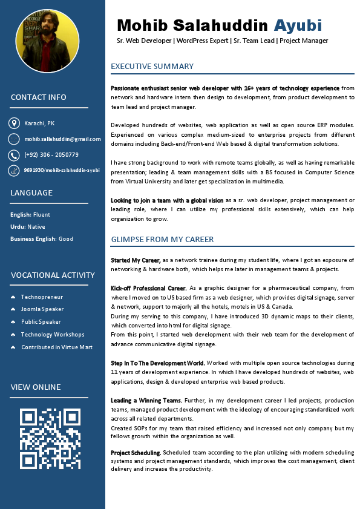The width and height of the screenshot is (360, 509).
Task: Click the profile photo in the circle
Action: click(47, 41)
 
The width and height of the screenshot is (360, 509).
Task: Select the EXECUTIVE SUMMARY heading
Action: click(152, 67)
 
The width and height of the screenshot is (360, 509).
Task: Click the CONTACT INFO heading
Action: click(39, 97)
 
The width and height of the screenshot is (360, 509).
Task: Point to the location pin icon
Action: click(14, 123)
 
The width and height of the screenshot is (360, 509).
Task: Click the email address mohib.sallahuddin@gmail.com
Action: click(62, 139)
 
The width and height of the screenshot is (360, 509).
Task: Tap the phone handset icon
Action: click(14, 155)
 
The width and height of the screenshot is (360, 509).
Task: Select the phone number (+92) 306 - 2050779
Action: click(51, 155)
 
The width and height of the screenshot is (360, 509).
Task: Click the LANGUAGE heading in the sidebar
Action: click(31, 193)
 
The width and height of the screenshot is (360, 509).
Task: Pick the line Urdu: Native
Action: click(28, 227)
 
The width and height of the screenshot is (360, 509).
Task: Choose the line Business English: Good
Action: click(42, 239)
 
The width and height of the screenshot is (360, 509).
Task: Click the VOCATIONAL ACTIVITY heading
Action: click(53, 275)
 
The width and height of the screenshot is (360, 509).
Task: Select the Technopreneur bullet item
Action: click(42, 297)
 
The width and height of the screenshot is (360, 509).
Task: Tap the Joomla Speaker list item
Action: click(42, 309)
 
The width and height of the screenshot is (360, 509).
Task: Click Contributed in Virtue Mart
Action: click(57, 347)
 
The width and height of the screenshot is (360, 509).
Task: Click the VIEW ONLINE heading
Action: click(36, 387)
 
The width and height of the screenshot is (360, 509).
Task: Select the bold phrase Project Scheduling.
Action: click(136, 453)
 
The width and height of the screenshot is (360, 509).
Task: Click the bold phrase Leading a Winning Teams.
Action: click(146, 401)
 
